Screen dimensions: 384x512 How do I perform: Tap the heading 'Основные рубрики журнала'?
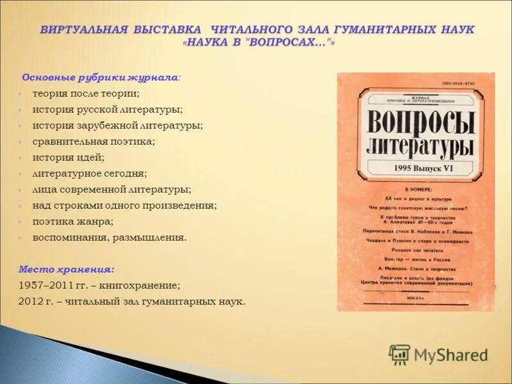coord(100,77)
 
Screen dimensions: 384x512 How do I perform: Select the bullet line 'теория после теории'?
coord(86,93)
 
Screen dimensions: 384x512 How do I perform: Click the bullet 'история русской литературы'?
coord(108,109)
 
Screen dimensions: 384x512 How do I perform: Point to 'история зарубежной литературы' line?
coord(118,125)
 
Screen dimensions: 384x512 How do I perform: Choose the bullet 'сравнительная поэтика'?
coord(94,141)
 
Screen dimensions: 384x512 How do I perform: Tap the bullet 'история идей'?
coord(68,157)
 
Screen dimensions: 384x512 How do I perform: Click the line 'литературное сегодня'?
coord(90,173)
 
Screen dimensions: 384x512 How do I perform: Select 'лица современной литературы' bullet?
coord(112,189)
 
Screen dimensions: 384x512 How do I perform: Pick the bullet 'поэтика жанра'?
coord(73,221)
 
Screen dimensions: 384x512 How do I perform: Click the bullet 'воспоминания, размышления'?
coord(109,237)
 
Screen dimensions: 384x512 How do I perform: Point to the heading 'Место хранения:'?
coord(67,269)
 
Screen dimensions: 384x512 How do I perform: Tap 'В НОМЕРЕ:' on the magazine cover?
coord(419,190)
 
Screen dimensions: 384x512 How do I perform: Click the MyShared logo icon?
coord(399,354)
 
